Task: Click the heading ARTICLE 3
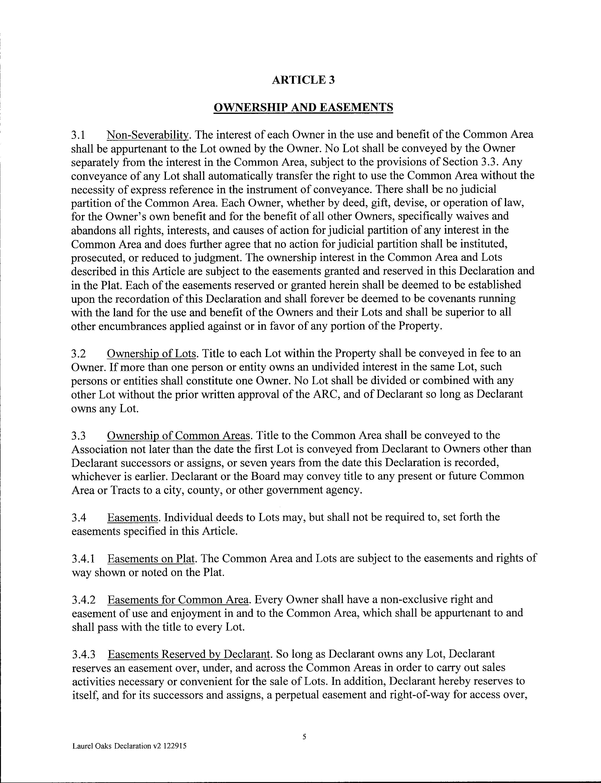[x=303, y=80]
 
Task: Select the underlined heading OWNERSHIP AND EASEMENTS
[x=303, y=107]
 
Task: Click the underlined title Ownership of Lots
[x=152, y=353]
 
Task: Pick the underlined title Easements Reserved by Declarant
[x=189, y=654]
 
